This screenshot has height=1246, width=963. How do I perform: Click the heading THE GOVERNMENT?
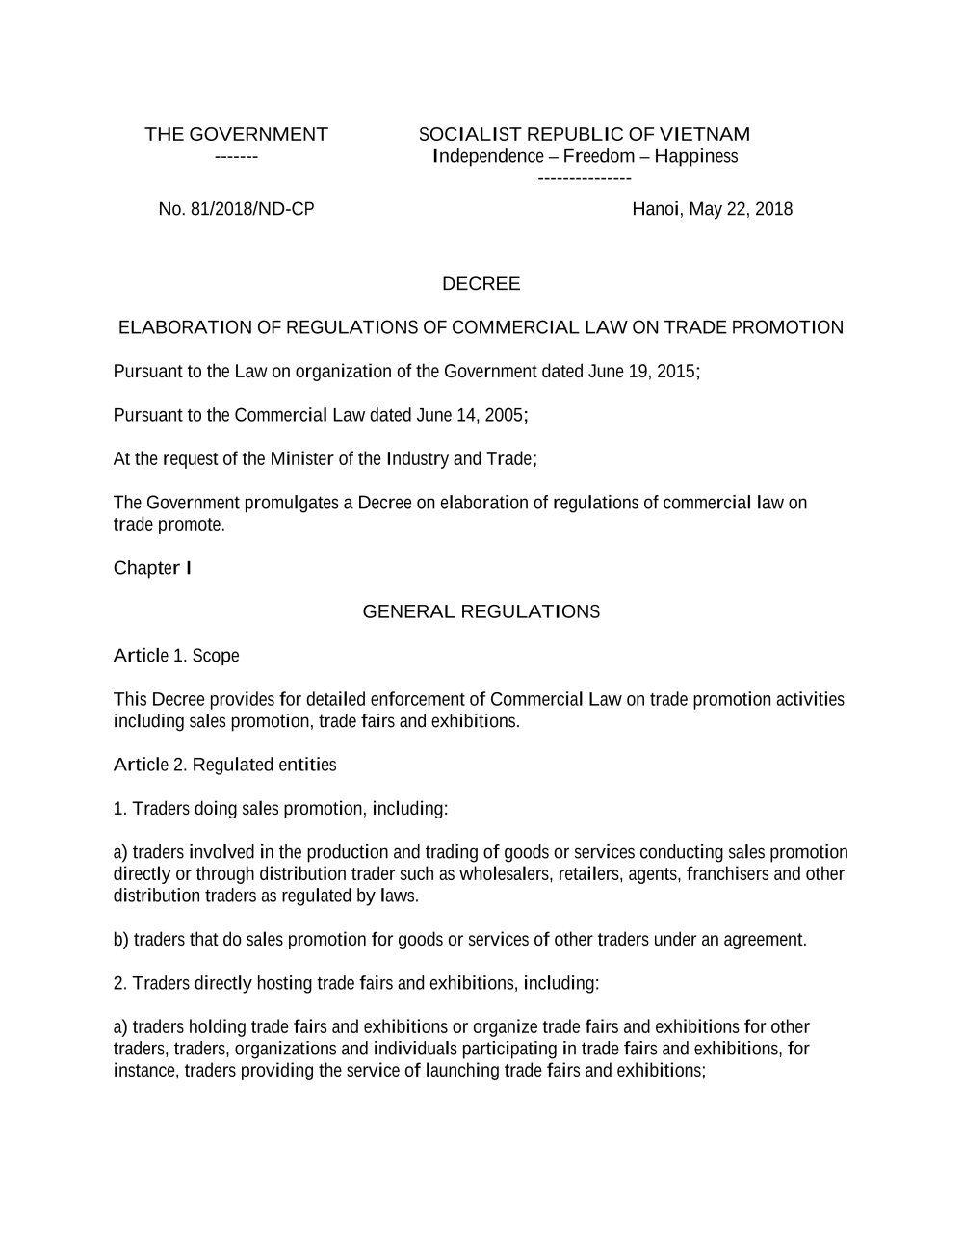[236, 134]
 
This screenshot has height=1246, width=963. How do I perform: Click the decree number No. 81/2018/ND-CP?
[236, 209]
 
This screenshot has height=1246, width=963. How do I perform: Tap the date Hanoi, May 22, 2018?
[712, 209]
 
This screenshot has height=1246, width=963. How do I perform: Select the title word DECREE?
[481, 284]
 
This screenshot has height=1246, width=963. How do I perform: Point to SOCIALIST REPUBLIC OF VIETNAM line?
[584, 134]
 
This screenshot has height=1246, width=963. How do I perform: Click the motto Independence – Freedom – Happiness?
[586, 156]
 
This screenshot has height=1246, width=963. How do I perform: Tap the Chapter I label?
[152, 568]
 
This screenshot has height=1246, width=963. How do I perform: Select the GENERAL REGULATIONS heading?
[481, 611]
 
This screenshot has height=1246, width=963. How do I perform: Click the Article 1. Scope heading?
[176, 656]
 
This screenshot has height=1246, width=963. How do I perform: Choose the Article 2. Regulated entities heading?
[224, 765]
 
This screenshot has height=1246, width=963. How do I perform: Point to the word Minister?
[301, 458]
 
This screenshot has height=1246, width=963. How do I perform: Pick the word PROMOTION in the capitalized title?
[788, 327]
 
